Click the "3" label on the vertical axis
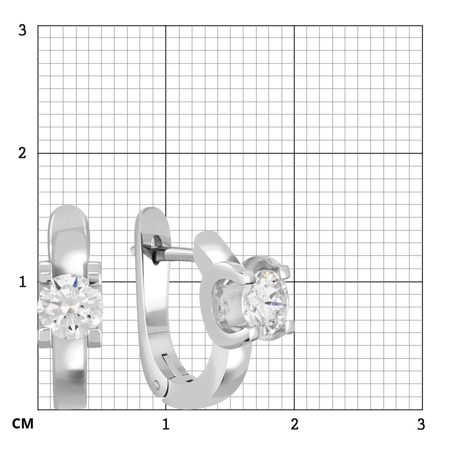click(22, 30)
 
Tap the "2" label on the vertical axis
click(22, 154)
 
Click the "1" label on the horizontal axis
click(166, 424)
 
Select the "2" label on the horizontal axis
click(294, 424)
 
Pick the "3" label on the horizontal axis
click(421, 424)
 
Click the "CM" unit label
click(23, 424)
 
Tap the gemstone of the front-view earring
click(70, 307)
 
